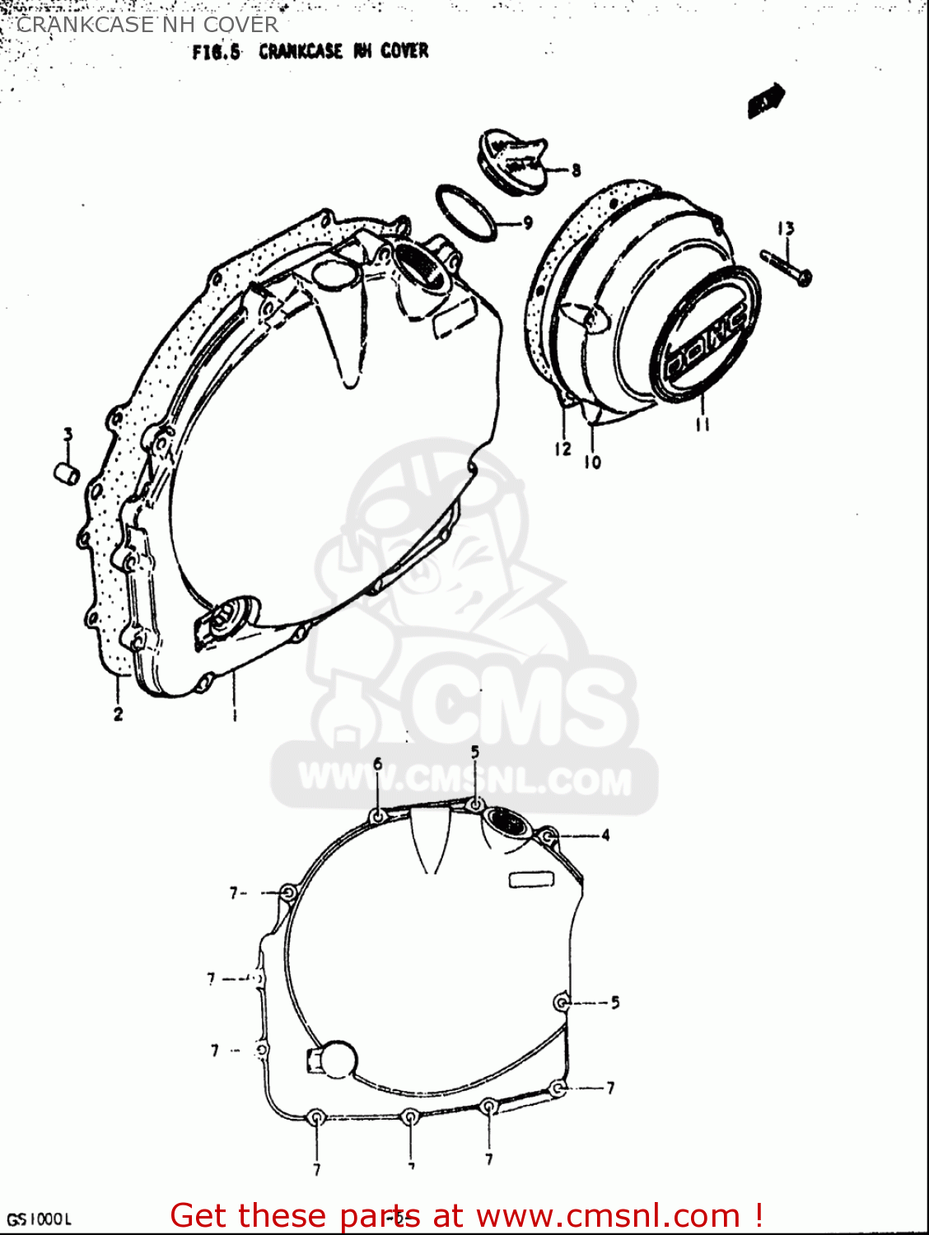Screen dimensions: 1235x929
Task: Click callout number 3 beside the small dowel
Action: click(68, 434)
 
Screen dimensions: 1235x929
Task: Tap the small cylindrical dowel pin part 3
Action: click(66, 474)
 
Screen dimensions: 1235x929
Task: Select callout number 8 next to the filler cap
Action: click(576, 170)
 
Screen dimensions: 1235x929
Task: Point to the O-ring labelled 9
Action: click(466, 212)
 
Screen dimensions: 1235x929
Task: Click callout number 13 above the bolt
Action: click(786, 229)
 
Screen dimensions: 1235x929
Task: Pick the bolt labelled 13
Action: click(786, 266)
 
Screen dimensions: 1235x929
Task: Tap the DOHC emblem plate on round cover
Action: click(704, 338)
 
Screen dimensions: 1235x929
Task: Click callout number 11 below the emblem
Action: click(703, 425)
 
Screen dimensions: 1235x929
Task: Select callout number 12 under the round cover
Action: click(563, 449)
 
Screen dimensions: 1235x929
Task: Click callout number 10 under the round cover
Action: click(592, 463)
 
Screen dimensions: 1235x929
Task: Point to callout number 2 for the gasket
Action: click(118, 714)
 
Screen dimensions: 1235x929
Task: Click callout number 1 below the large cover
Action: click(235, 714)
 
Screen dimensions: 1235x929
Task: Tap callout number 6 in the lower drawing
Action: click(378, 764)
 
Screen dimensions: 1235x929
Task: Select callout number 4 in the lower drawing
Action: click(605, 836)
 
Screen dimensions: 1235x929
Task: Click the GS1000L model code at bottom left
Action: click(40, 1219)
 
